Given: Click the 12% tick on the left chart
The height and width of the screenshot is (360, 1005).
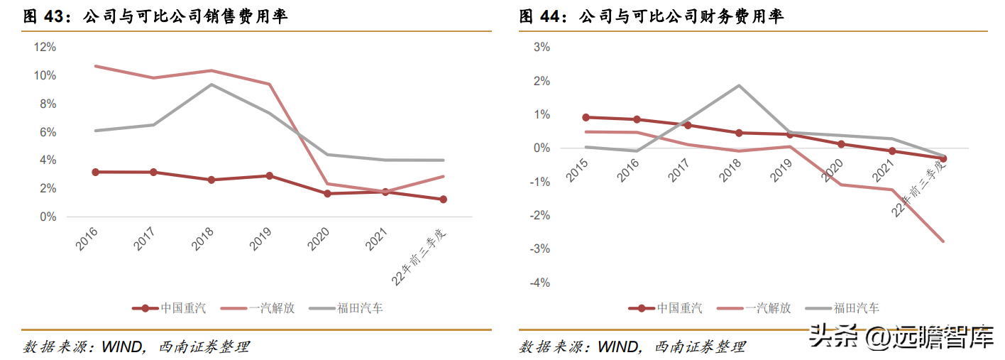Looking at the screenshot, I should tap(45, 47).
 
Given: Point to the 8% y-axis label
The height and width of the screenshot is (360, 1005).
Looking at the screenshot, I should tap(47, 104).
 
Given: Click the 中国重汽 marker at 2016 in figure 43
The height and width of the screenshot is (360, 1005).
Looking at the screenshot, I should tap(95, 172).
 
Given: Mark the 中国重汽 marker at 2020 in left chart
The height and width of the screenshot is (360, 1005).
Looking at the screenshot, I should tap(327, 193).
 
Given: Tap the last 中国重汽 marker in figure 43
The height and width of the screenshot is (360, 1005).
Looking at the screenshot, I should tap(444, 200).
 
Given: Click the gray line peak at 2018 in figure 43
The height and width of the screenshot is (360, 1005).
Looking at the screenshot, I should tap(211, 84).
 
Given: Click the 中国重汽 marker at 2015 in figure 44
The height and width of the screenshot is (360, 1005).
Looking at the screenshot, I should tap(586, 117).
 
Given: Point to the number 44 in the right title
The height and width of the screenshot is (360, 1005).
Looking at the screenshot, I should tap(554, 17).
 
